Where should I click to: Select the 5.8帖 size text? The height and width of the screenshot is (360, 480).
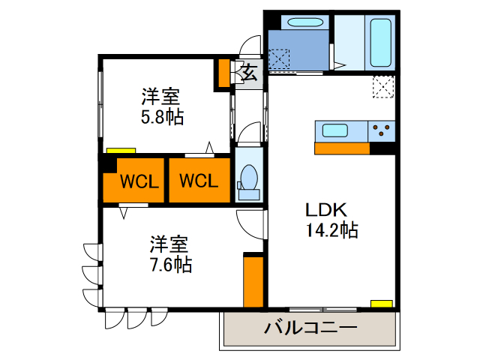click(162, 116)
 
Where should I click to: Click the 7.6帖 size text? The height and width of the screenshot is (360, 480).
click(168, 264)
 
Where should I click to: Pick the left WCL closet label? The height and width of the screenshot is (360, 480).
click(138, 181)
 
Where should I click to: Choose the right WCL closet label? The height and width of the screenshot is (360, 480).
click(199, 181)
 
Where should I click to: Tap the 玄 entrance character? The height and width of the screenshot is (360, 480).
click(250, 73)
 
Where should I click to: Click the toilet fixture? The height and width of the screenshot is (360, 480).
click(248, 180)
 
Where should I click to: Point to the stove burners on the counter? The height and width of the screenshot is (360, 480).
click(382, 131)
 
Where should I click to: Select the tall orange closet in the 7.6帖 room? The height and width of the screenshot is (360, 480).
click(253, 282)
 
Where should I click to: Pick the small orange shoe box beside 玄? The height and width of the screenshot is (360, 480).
click(223, 73)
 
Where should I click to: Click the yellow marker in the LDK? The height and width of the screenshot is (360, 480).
click(381, 304)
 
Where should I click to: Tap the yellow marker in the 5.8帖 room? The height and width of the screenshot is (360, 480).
click(117, 150)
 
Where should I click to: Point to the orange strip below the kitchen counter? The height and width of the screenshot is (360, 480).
click(342, 148)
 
